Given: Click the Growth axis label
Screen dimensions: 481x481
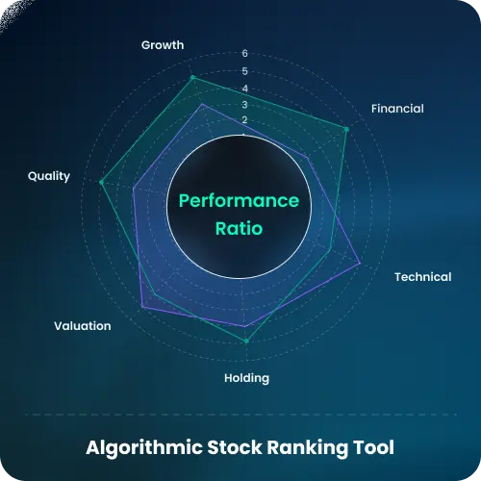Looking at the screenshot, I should coord(163,45).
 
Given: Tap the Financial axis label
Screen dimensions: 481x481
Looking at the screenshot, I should coord(397,109).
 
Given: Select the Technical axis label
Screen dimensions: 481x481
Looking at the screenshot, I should coord(422,277).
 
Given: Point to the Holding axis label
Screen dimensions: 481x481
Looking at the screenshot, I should coord(246,378).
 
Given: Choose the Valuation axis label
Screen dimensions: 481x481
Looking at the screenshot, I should coord(83,326).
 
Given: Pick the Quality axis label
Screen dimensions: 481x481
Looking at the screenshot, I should coord(49,176).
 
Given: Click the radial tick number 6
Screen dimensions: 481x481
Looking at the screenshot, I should coord(244,54).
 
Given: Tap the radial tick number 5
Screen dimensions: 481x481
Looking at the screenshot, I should coord(244,71).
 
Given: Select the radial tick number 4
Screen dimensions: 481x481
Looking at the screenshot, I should coord(244,88).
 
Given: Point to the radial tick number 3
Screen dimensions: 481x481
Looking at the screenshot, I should coord(244,104).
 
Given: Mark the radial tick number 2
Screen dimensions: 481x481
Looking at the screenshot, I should coord(244,120).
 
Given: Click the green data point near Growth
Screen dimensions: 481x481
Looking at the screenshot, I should coord(192,77).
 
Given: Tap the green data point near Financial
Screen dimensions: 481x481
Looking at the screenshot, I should coord(346,129).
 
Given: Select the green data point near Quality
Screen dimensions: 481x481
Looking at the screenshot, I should coord(102,181).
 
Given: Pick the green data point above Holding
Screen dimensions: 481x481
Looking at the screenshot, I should coord(246,342).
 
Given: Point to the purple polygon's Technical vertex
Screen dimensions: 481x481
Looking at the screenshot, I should coord(360,263).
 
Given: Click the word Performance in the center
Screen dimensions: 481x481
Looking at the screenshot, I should coord(240,201).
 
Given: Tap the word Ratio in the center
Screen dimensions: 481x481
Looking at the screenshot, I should coord(240,230).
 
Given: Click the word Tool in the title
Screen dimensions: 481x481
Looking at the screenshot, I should coord(373,447).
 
